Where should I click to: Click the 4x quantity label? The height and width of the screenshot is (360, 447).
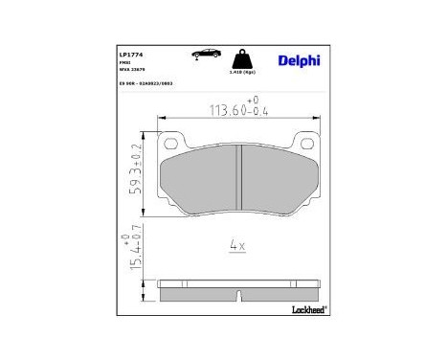tap(237, 246)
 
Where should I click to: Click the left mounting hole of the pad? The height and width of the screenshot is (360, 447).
tap(173, 145)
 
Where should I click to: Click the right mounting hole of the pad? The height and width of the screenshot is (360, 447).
tap(305, 145)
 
